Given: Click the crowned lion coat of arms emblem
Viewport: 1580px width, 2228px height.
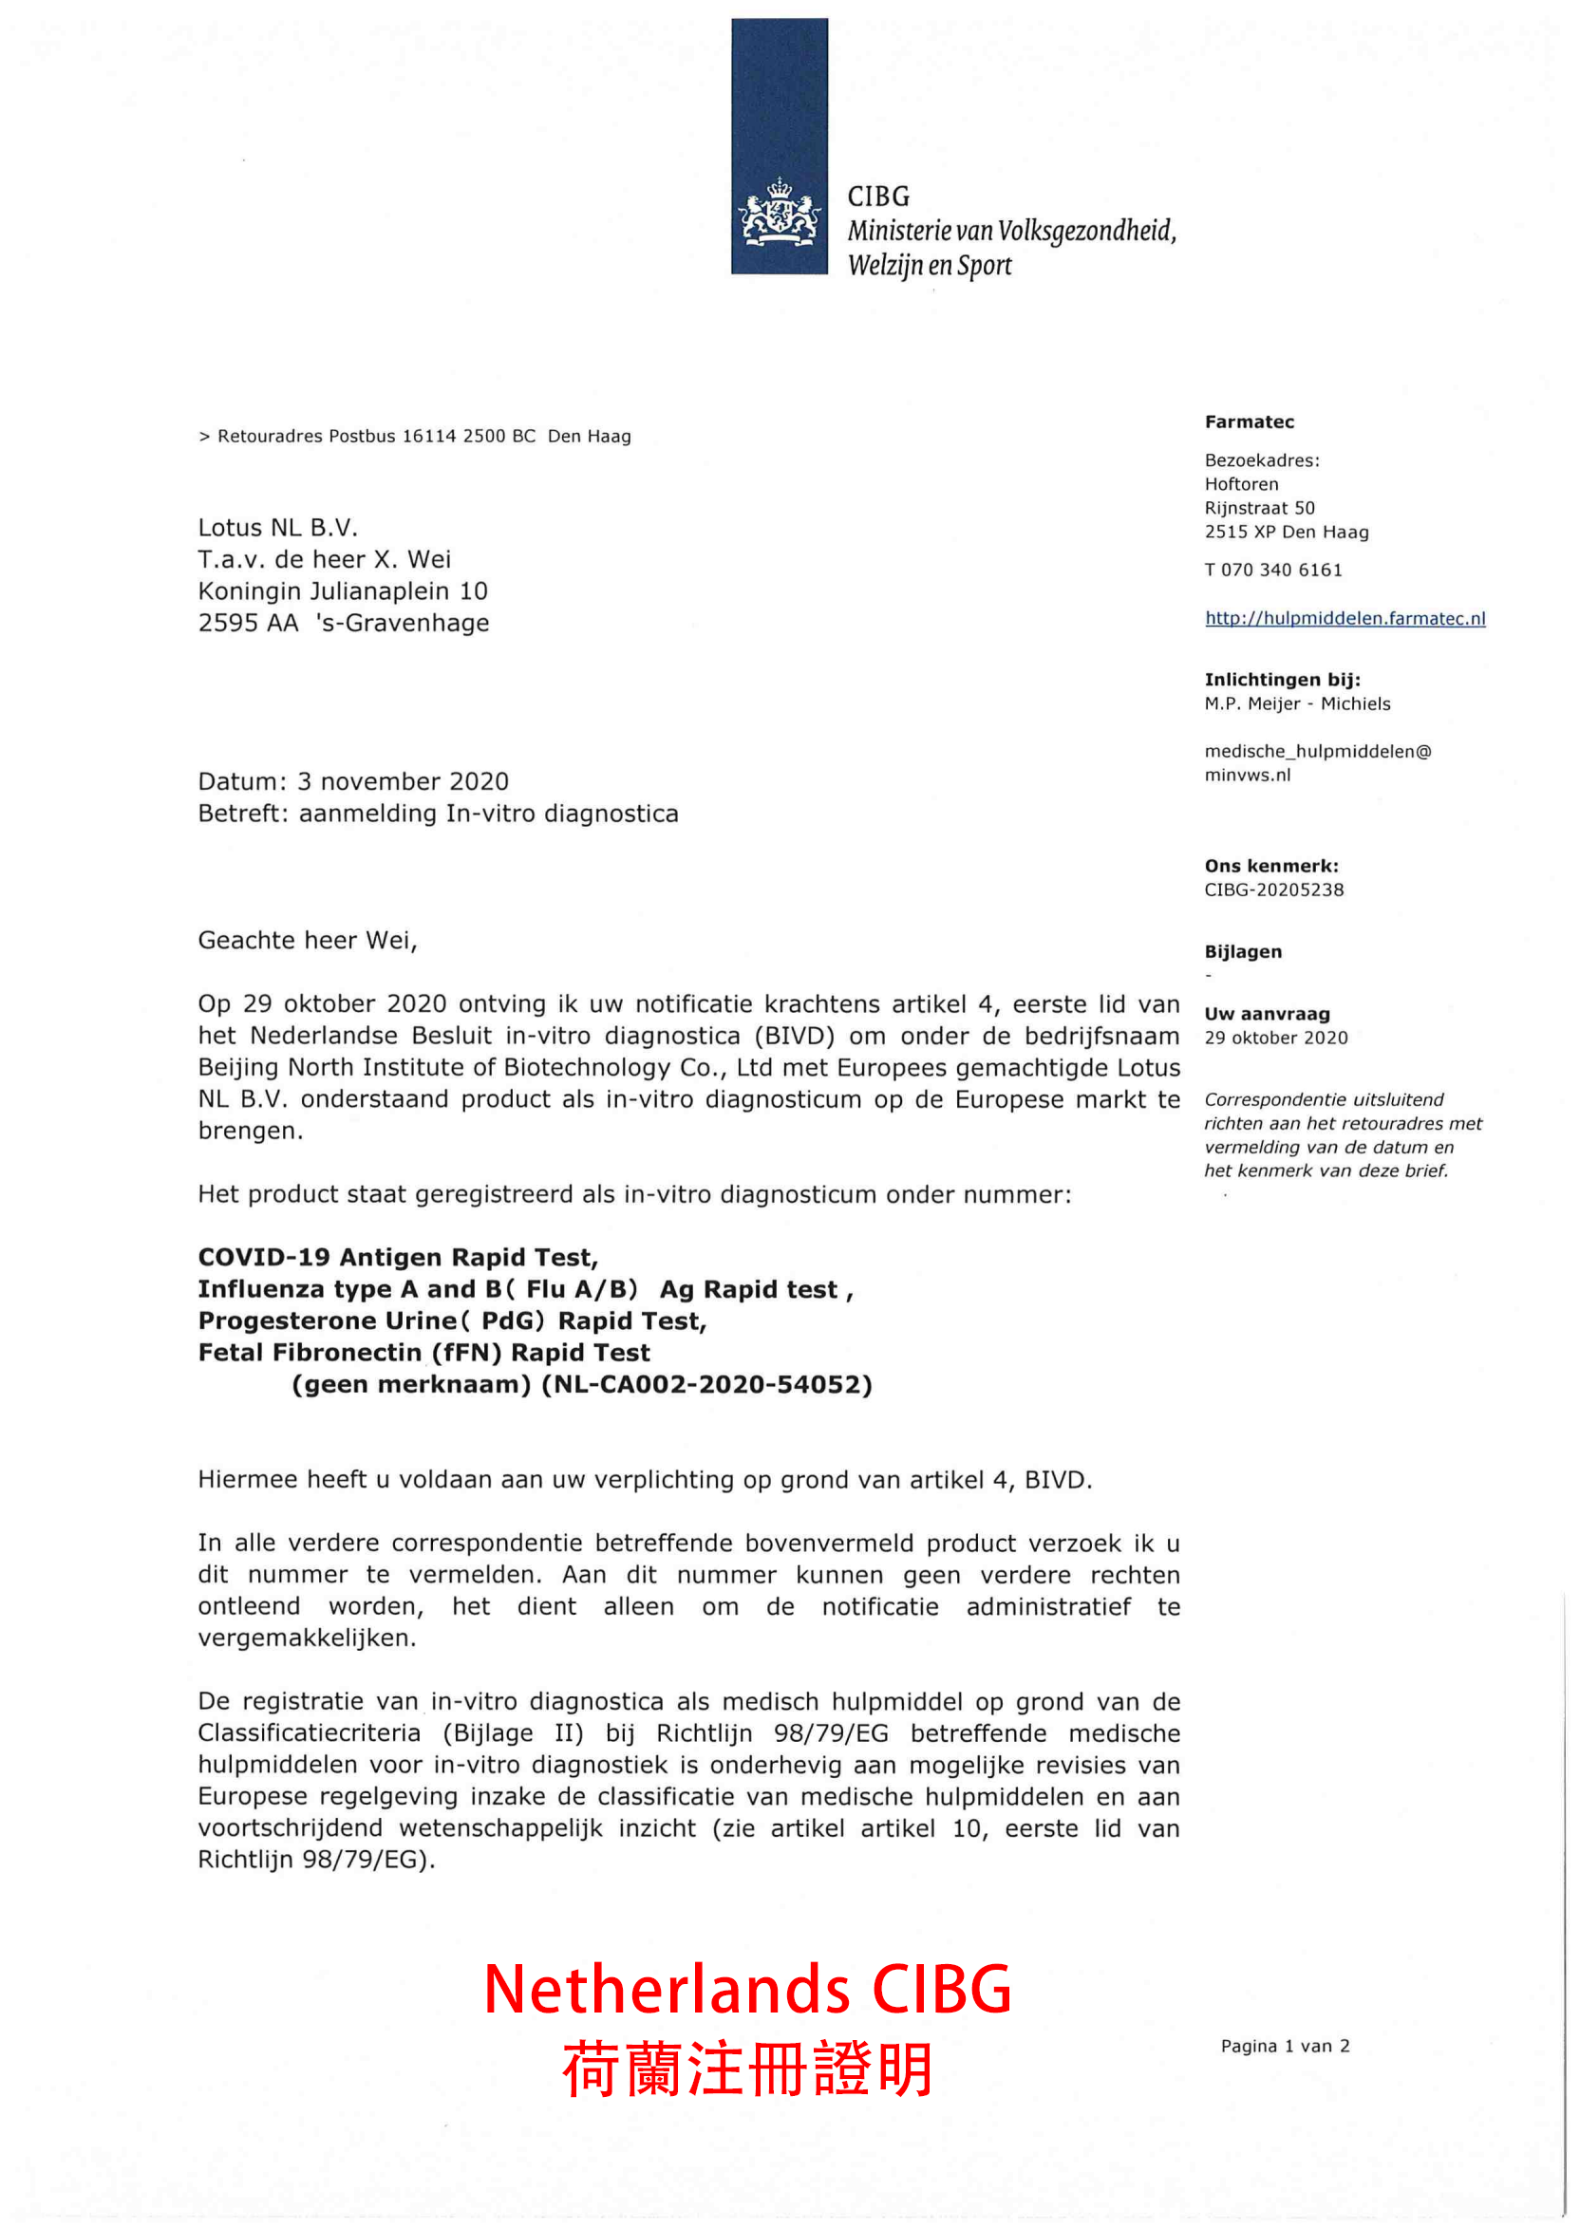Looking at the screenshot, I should coord(779,212).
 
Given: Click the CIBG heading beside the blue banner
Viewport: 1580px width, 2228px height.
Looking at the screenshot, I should coord(878,197).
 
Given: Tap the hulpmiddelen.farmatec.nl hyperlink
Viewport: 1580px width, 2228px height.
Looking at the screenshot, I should coord(1345,619).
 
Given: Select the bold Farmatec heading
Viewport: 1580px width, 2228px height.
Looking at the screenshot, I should coord(1250,422).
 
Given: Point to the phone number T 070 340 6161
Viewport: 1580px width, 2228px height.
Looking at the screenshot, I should coord(1272,570).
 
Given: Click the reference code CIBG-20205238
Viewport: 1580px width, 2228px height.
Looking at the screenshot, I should coord(1273,889).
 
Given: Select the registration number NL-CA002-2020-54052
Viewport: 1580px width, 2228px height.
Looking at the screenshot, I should coord(706,1384).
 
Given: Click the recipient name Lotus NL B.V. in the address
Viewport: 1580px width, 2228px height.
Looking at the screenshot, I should coord(278,528).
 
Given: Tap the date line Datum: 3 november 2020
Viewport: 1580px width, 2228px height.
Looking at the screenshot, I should coord(353,782).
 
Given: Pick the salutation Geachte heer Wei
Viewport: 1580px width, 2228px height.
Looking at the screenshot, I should coord(308,941).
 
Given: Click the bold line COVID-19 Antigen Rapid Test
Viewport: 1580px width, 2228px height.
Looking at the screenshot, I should coord(398,1258).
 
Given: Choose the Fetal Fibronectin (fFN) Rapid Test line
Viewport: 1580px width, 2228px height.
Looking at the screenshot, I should coord(424,1353).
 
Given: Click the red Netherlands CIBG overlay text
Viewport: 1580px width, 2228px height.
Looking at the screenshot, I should coord(747,1990).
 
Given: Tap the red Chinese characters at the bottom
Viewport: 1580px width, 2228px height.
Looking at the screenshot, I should coord(747,2070).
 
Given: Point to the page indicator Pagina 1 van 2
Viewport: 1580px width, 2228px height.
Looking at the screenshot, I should coord(1285,2046).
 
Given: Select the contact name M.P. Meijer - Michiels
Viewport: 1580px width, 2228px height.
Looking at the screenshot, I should coord(1297,704).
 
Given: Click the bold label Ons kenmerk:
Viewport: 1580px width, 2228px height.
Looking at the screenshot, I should coord(1270,867).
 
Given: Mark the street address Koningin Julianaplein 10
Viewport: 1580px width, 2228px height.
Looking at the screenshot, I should coord(343,591).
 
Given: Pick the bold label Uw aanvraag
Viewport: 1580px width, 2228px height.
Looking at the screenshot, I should coord(1267,1014).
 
